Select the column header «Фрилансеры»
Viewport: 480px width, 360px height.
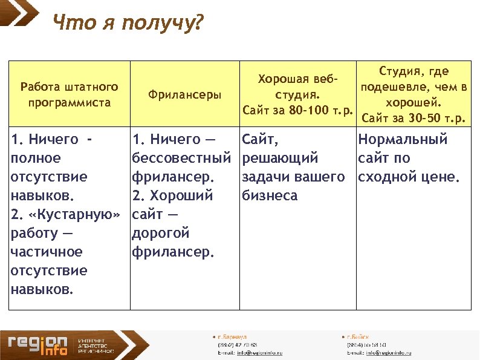click(185, 95)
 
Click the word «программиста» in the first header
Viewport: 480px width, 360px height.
click(70, 102)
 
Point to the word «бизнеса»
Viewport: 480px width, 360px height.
click(270, 196)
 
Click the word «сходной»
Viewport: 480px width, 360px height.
click(384, 177)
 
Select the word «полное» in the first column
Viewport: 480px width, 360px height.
click(36, 159)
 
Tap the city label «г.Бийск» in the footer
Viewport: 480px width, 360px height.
click(357, 336)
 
